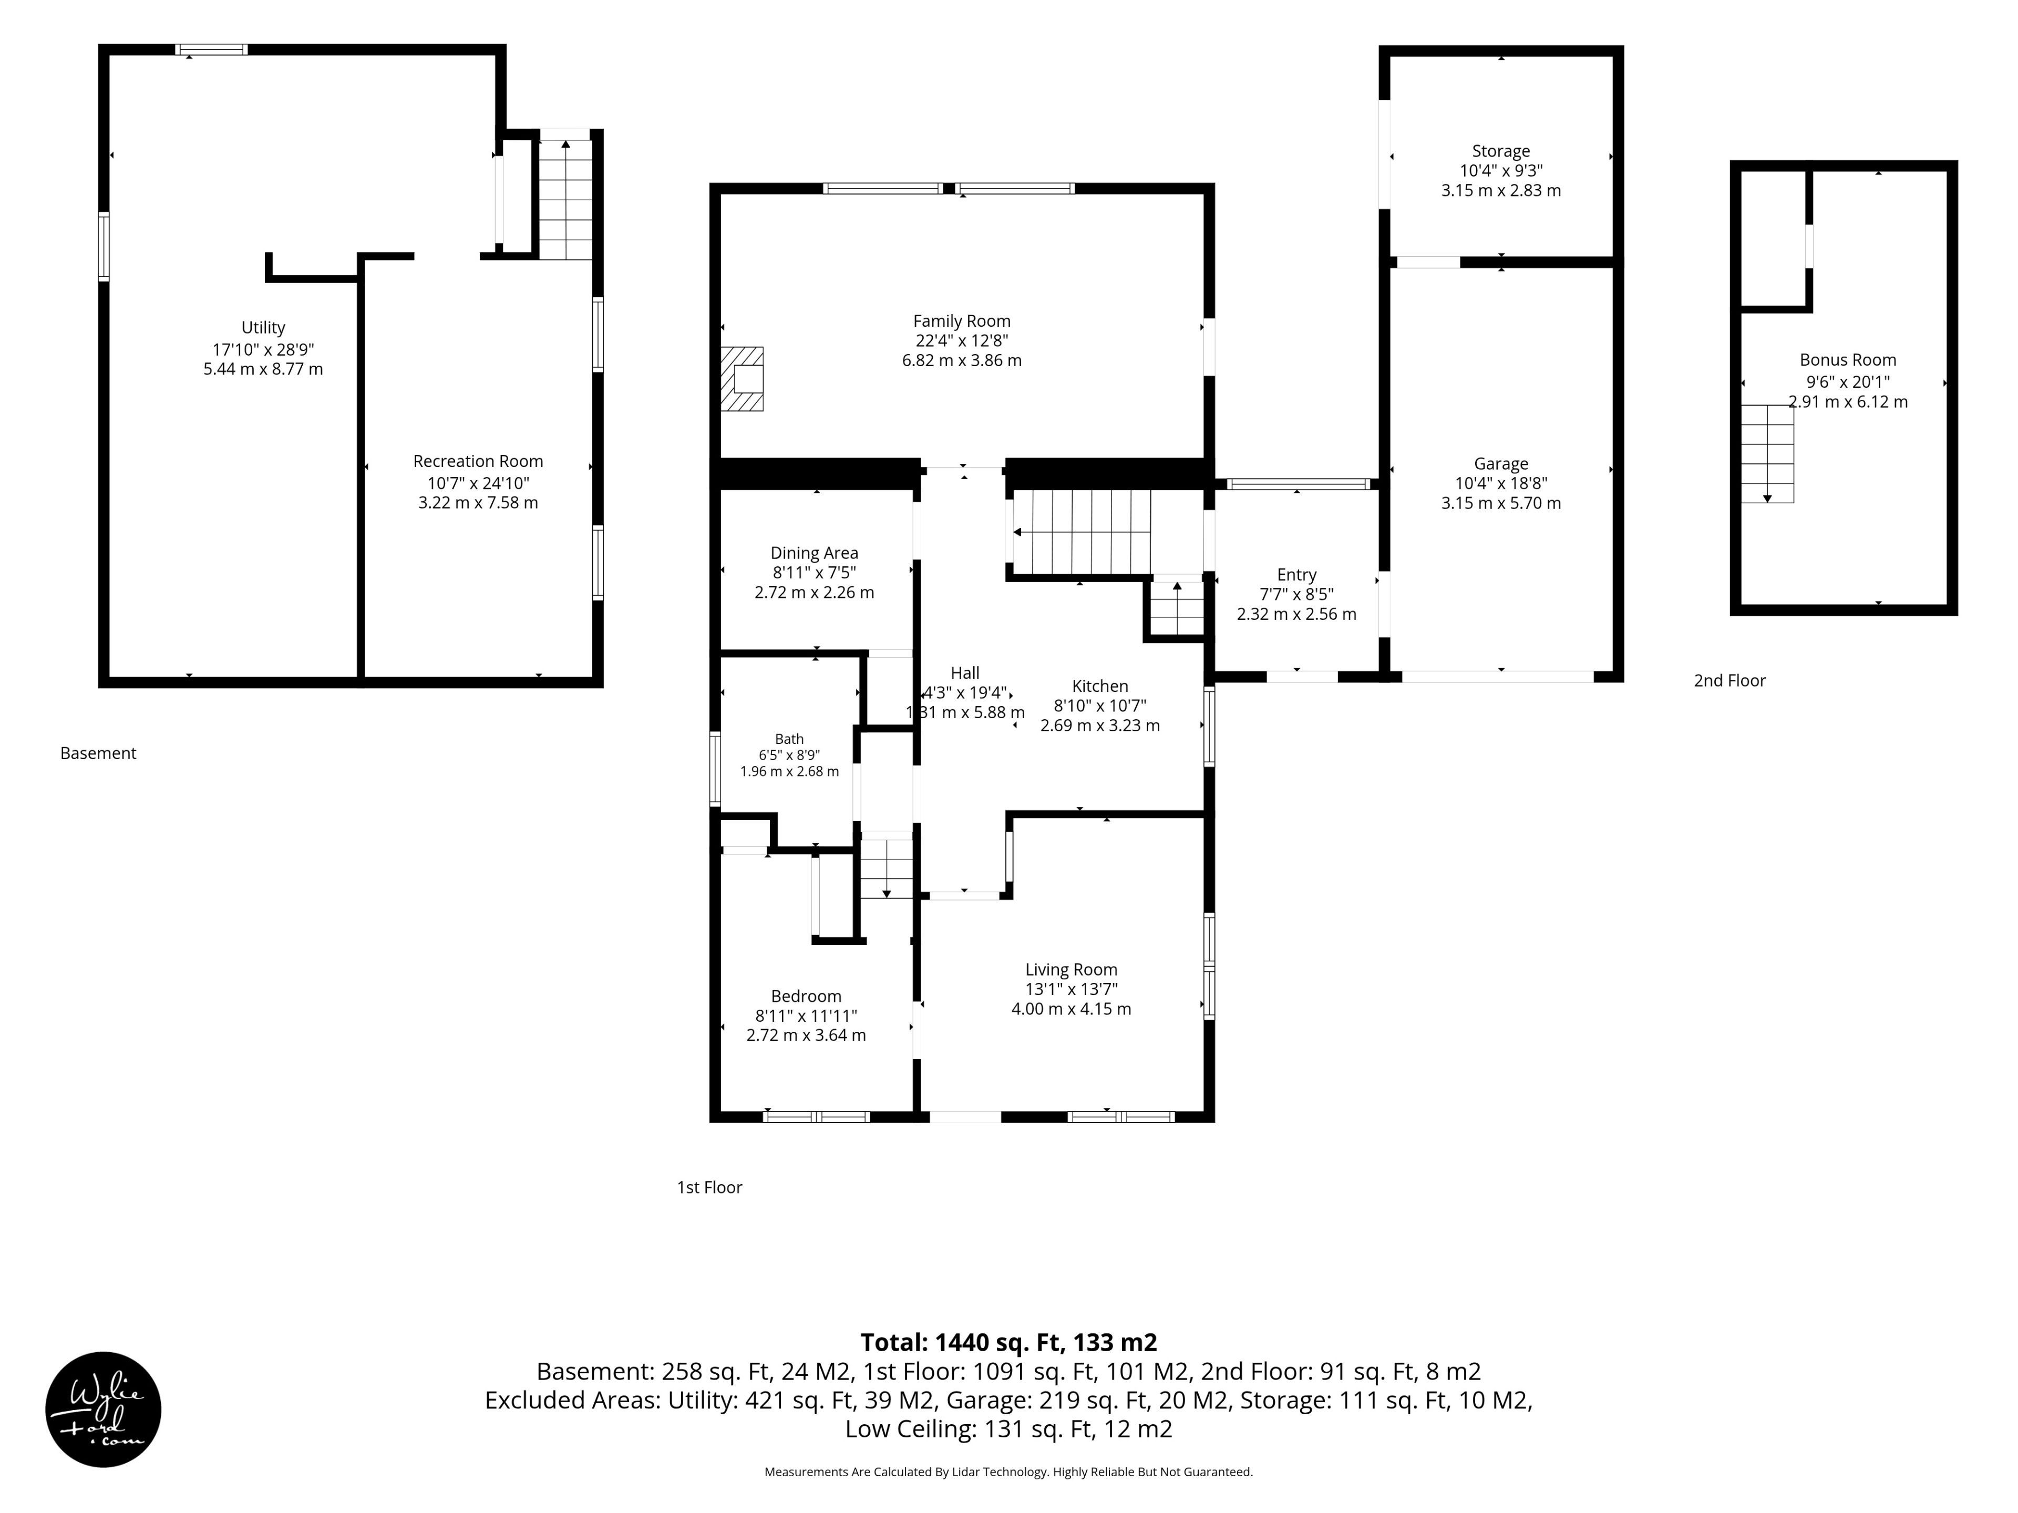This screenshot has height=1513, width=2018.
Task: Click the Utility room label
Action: click(x=263, y=327)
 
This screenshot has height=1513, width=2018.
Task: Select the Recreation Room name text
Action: click(x=478, y=461)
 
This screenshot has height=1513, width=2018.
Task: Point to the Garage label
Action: click(x=1501, y=464)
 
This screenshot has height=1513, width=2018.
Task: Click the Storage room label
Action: click(x=1501, y=151)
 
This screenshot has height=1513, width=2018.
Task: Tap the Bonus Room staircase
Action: click(x=1767, y=453)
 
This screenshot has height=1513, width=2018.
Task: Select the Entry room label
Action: click(x=1296, y=575)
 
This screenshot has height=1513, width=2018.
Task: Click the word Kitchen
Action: click(x=1100, y=686)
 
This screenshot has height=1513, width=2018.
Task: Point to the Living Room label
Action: click(x=1071, y=969)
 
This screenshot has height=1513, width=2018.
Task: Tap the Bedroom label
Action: click(x=807, y=996)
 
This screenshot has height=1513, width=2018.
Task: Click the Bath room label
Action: click(x=789, y=739)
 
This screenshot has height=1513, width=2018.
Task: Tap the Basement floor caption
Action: click(x=98, y=753)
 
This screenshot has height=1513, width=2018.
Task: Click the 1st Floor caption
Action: click(x=710, y=1187)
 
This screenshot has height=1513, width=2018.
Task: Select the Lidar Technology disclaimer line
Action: click(x=1009, y=1472)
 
